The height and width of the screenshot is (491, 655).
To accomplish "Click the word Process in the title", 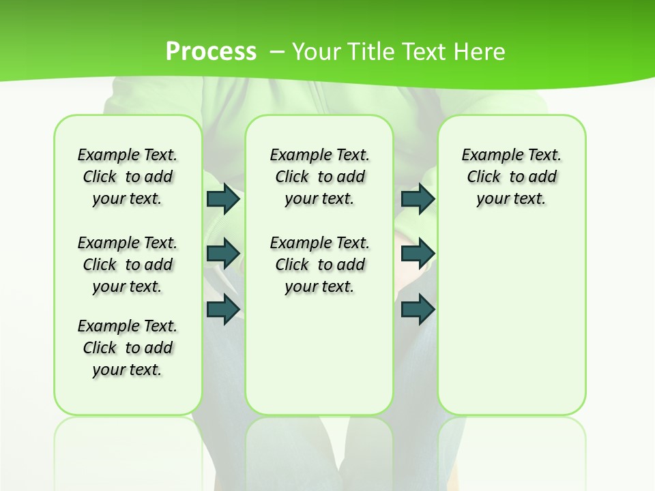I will (x=211, y=51).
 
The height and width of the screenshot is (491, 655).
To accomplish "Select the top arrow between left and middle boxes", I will (x=222, y=199).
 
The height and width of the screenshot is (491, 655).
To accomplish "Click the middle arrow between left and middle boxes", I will (x=222, y=253).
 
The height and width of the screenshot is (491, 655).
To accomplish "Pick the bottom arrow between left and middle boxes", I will (x=222, y=309).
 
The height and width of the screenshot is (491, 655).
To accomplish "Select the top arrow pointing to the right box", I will (x=418, y=199).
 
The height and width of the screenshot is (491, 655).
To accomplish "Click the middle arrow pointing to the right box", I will (x=418, y=253).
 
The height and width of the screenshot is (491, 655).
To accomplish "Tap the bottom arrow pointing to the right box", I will (x=418, y=309).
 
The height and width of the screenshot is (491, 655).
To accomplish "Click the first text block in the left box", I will (x=128, y=177).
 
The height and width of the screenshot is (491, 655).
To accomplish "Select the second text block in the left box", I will (x=128, y=265).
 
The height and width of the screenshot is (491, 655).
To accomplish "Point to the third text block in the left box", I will (x=128, y=348).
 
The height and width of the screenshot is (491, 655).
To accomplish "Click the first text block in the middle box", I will (x=319, y=177).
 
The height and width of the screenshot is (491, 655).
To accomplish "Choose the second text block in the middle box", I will (x=319, y=265).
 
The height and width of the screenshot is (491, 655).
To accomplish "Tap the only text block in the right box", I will (x=511, y=177).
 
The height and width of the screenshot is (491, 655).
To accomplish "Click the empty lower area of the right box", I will (x=511, y=327).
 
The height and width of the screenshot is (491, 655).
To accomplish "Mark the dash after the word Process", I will (x=277, y=52).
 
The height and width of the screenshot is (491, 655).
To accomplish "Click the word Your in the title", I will (x=317, y=52).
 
